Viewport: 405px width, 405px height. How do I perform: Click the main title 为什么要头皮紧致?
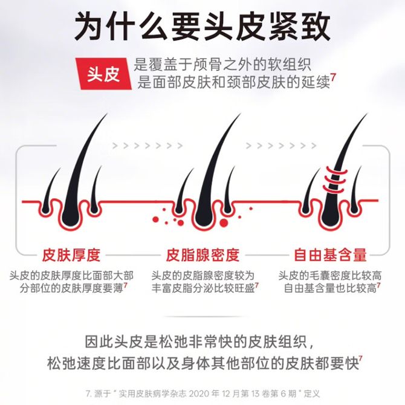pyautogui.click(x=202, y=27)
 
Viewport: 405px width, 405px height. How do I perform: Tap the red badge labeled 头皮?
pyautogui.click(x=103, y=74)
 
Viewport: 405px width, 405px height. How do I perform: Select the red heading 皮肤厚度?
pyautogui.click(x=71, y=255)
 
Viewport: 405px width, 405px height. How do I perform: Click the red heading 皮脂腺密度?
pyautogui.click(x=202, y=255)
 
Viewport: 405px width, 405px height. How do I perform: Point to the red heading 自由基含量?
pyautogui.click(x=331, y=255)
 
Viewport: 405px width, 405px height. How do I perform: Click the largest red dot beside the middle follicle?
pyautogui.click(x=224, y=223)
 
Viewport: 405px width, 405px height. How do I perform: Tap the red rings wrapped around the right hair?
pyautogui.click(x=335, y=179)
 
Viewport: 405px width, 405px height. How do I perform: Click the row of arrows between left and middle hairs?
pyautogui.click(x=147, y=146)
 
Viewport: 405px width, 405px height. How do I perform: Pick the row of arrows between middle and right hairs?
pyautogui.click(x=281, y=146)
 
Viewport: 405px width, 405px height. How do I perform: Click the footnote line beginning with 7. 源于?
pyautogui.click(x=202, y=394)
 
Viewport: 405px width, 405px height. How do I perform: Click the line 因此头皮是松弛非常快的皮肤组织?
pyautogui.click(x=199, y=342)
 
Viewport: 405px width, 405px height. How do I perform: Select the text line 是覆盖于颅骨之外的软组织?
pyautogui.click(x=222, y=65)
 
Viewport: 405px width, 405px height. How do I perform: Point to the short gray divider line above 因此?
pyautogui.click(x=207, y=316)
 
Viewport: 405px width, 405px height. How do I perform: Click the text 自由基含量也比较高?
pyautogui.click(x=331, y=288)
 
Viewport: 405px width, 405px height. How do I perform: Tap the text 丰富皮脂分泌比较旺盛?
pyautogui.click(x=203, y=288)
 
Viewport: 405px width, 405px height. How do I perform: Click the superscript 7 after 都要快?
pyautogui.click(x=361, y=360)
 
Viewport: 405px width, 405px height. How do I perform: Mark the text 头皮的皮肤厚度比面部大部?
pyautogui.click(x=71, y=276)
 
